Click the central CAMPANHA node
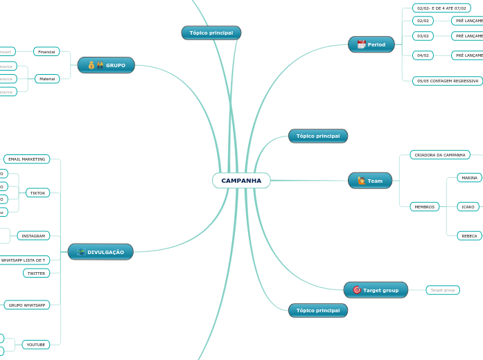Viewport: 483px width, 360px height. pos(241,181)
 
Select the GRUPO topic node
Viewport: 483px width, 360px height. pos(106,65)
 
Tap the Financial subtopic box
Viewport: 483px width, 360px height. pos(46,52)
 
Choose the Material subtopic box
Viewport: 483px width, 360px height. pos(47,79)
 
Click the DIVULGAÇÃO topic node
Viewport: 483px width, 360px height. pos(100,252)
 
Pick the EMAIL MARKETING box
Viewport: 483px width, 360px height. pos(27,159)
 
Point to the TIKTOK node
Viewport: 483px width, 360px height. pos(38,193)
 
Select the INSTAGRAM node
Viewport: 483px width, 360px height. pos(33,236)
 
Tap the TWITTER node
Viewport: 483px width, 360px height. pos(36,273)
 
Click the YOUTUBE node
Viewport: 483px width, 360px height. pos(36,344)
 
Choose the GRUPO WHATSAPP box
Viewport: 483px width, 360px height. pos(27,305)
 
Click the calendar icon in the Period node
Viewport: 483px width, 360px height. pos(361,45)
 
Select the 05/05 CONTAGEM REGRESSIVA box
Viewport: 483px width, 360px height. pos(447,81)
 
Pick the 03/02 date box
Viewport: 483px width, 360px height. pos(423,36)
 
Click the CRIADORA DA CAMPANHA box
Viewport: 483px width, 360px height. pos(440,155)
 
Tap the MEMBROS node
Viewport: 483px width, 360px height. pos(424,207)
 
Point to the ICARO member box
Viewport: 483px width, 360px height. pos(468,207)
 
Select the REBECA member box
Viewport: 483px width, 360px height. pos(469,236)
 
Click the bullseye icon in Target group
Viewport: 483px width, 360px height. pos(356,290)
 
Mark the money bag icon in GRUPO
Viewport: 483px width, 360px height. pos(91,65)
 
